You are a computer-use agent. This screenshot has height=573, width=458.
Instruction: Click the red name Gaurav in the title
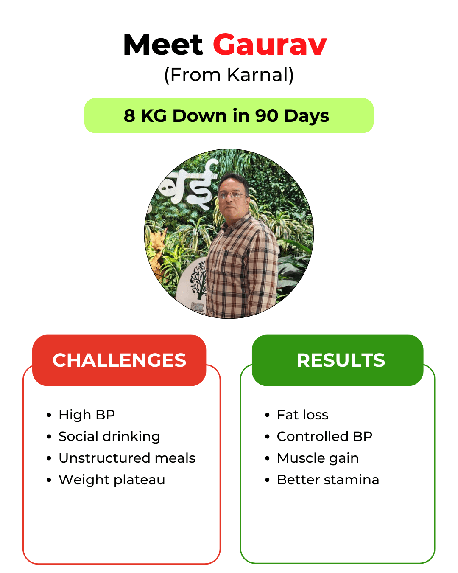click(x=270, y=45)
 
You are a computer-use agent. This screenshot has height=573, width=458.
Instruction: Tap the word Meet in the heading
click(x=163, y=45)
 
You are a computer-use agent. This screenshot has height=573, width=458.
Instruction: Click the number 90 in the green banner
click(x=267, y=116)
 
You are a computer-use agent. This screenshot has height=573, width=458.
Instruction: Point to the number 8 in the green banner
click(x=129, y=116)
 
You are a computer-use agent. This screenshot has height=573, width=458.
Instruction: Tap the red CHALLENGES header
click(x=119, y=360)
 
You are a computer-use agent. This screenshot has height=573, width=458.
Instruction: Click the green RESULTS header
click(x=338, y=360)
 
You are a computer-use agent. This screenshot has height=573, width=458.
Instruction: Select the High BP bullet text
click(x=87, y=415)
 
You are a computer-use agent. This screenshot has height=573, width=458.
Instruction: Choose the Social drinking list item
click(x=109, y=436)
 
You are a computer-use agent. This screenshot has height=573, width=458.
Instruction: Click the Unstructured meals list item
click(x=127, y=458)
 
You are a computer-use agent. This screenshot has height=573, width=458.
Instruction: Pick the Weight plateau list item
click(x=112, y=480)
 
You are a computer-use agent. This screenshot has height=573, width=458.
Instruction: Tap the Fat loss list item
click(x=303, y=415)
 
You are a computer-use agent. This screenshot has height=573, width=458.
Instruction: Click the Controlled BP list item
click(x=324, y=436)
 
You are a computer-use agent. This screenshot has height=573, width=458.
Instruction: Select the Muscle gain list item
click(x=318, y=458)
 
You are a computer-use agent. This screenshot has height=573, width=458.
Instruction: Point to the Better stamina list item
click(x=328, y=480)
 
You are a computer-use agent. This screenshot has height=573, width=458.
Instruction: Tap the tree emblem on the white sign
click(x=198, y=279)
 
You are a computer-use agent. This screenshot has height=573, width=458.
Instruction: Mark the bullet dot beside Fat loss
click(x=268, y=415)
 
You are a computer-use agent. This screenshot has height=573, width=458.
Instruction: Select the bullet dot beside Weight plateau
click(x=49, y=480)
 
